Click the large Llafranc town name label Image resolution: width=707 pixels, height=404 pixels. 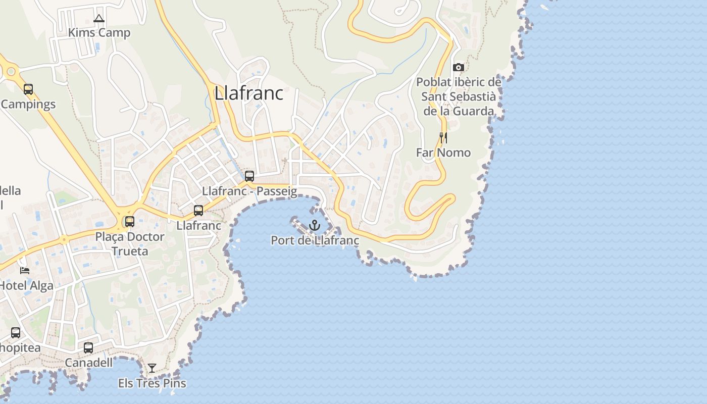click(x=248, y=93)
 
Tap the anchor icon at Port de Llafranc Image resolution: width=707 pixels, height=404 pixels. click(x=315, y=225)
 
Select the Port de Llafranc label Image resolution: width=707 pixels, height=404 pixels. click(x=315, y=240)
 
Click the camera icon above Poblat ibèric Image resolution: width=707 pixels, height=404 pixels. click(x=459, y=67)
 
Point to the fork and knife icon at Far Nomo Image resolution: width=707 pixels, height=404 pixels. click(x=443, y=137)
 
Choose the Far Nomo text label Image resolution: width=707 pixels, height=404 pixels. click(x=443, y=153)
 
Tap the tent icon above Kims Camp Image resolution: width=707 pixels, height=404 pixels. click(x=99, y=19)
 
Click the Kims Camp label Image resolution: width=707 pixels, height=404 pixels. click(x=99, y=33)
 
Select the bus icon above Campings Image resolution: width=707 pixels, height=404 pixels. click(x=28, y=89)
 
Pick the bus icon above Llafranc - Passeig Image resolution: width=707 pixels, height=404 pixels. click(x=249, y=176)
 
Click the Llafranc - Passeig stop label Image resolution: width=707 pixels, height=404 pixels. click(x=249, y=191)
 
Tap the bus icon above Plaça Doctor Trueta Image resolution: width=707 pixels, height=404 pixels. click(x=130, y=222)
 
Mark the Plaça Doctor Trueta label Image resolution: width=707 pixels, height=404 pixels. click(x=130, y=244)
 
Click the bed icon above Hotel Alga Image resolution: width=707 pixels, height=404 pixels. click(x=24, y=271)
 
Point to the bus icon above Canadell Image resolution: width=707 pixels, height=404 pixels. click(x=88, y=348)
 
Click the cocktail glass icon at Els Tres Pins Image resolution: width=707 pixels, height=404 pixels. click(x=152, y=368)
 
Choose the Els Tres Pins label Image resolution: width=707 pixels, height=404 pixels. click(x=152, y=383)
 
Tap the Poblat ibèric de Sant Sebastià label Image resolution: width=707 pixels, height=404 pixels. click(x=459, y=96)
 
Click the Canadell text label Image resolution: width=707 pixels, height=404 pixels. click(x=88, y=363)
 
